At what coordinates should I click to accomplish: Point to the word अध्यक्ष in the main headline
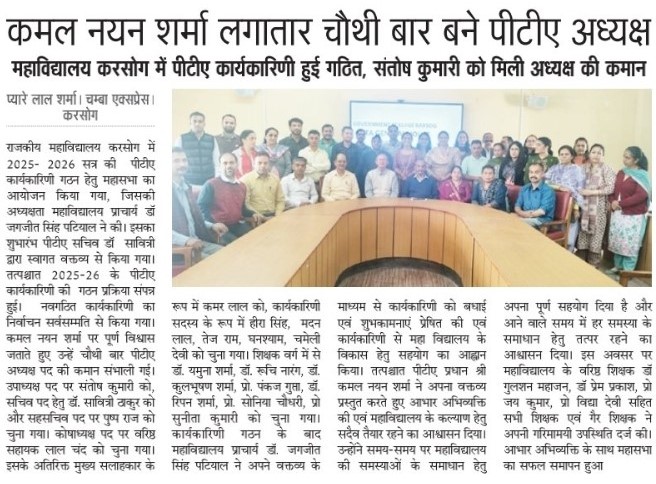click(x=601, y=31)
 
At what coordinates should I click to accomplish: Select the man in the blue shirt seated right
click(x=535, y=195)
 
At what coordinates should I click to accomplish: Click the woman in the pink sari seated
click(x=455, y=186)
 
